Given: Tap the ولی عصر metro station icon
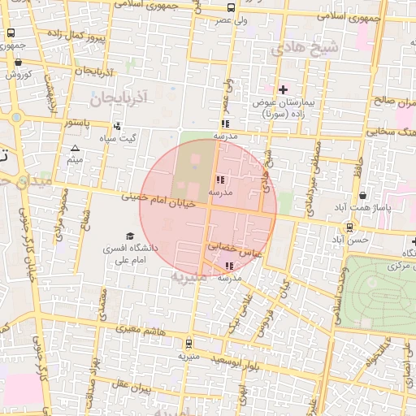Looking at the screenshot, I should click(232, 7).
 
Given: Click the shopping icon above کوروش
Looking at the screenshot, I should click(19, 61).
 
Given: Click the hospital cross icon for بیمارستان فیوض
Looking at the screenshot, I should click(283, 90).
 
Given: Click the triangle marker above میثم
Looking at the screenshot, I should click(75, 148).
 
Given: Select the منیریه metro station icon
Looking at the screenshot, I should click(189, 344).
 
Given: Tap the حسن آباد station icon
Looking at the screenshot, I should click(349, 228).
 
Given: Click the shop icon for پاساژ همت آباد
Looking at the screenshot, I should click(362, 197).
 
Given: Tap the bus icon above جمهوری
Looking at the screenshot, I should click(11, 33).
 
